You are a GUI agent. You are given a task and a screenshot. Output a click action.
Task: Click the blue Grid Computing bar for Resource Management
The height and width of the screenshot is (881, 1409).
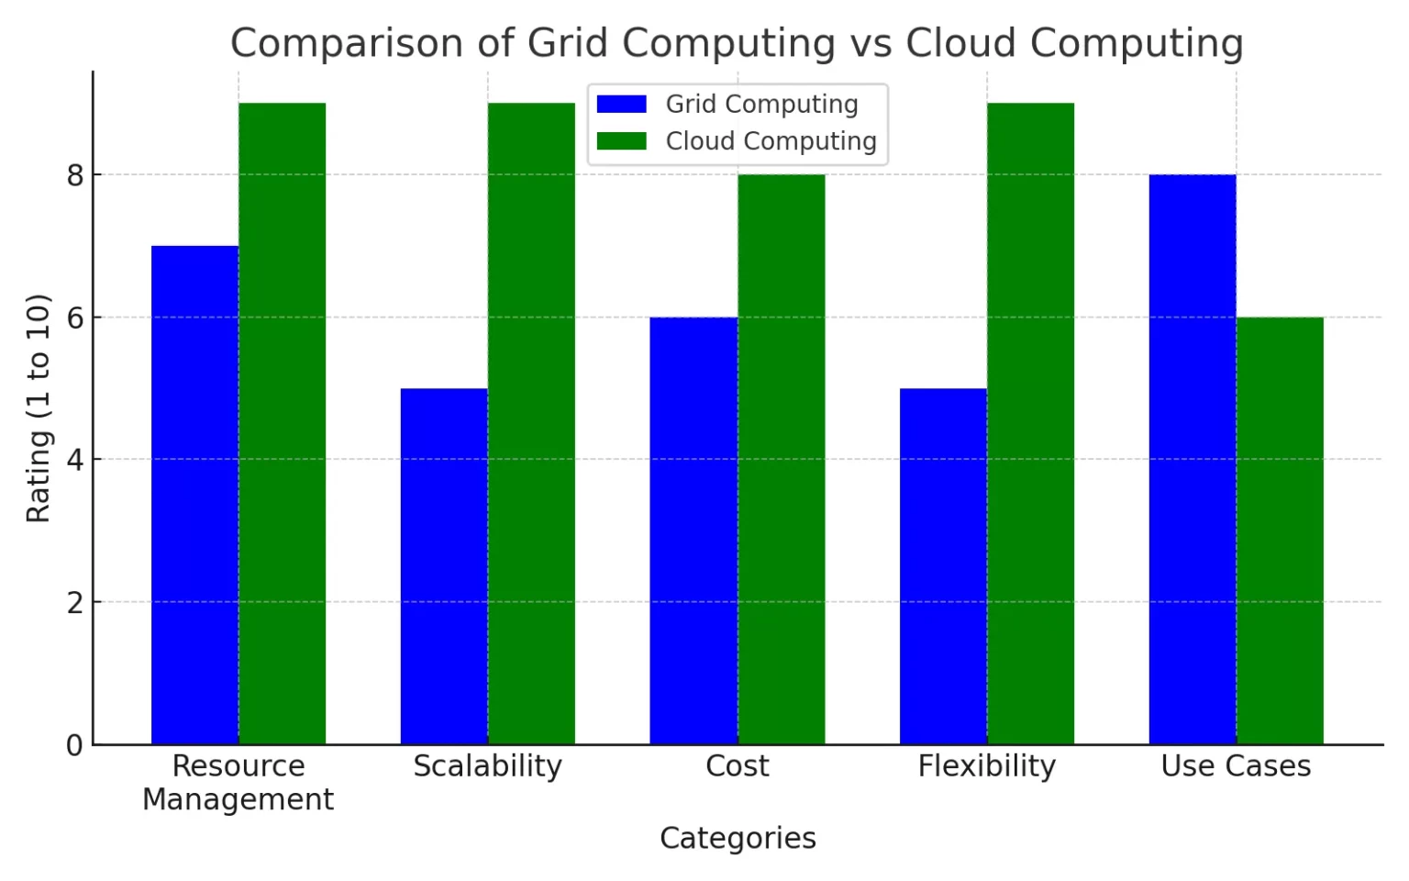[x=194, y=496]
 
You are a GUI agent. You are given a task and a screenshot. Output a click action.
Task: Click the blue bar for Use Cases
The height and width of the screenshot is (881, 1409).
[x=1192, y=459]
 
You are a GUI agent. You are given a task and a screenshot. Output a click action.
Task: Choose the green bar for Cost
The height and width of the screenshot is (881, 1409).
[x=781, y=459]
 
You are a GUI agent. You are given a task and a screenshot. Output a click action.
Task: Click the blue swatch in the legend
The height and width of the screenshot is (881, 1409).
[x=621, y=105]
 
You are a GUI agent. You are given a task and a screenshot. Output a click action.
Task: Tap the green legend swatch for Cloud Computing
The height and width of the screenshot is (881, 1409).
[x=621, y=141]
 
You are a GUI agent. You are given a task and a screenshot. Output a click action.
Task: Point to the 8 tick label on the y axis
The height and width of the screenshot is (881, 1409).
[x=74, y=175]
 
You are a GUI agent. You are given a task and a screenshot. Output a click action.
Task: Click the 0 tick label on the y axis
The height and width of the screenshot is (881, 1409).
[x=74, y=745]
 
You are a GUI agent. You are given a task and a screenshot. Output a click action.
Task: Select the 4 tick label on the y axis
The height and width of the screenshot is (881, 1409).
[x=74, y=460]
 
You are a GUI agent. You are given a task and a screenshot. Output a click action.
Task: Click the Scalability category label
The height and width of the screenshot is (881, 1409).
[x=487, y=766]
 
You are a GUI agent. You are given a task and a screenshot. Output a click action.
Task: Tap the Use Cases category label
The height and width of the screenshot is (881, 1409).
[x=1236, y=766]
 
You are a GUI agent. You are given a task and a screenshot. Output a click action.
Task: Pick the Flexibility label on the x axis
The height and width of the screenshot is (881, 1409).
[x=987, y=766]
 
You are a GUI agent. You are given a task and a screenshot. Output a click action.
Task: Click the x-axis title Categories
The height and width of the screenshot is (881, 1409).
[x=738, y=838]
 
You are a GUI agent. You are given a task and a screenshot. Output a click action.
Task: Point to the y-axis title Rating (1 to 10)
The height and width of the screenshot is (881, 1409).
[x=39, y=408]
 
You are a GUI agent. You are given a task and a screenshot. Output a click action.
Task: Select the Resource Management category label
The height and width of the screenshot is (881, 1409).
[x=238, y=782]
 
